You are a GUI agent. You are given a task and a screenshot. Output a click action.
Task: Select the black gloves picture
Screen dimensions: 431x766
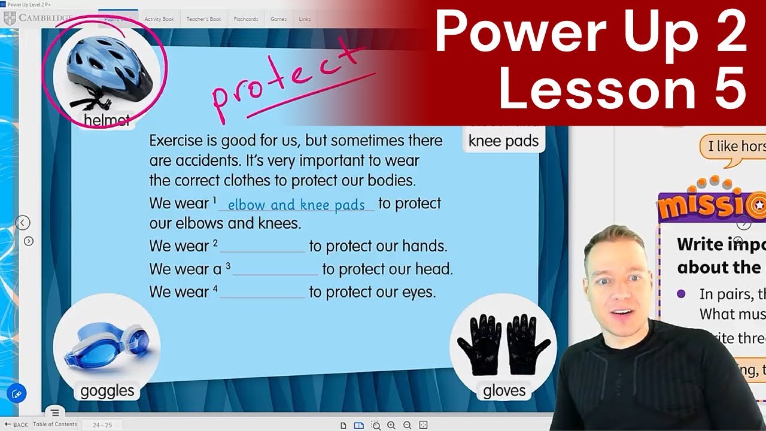[x=503, y=344]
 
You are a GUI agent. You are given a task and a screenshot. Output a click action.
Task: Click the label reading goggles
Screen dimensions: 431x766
[x=107, y=391]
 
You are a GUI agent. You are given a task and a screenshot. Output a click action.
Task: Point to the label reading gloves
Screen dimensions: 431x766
[x=504, y=391]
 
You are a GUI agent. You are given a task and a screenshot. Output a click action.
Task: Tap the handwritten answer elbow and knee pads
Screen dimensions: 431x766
[x=296, y=205]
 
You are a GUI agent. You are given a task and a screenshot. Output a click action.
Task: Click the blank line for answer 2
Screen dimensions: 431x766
[x=263, y=247]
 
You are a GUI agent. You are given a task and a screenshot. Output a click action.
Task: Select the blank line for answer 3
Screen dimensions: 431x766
[x=275, y=270]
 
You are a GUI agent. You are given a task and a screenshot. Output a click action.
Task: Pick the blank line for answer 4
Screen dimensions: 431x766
[x=263, y=293]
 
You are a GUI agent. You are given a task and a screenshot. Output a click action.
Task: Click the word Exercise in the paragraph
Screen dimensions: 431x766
[x=177, y=141]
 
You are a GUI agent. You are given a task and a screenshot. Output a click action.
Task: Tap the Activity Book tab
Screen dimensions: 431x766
[x=159, y=19]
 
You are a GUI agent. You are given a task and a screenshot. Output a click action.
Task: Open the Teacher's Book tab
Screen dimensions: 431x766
[x=203, y=19]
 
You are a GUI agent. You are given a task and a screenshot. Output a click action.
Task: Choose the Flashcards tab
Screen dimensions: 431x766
[x=246, y=19]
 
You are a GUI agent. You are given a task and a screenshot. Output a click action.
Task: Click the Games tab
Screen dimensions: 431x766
[x=278, y=19]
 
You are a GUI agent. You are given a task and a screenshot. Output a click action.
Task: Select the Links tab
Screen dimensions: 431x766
[x=305, y=19]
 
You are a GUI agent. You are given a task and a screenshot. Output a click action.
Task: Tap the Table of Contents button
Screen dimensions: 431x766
[x=55, y=424]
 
